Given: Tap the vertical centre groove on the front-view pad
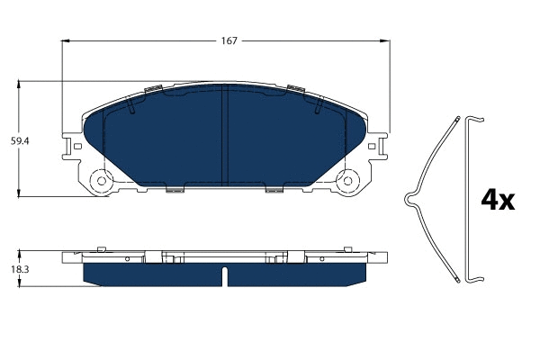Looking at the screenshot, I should point(225,135).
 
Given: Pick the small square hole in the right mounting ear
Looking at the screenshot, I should point(373,145).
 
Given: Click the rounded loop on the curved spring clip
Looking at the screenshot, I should point(410,198).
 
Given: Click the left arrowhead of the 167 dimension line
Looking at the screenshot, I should point(65,40).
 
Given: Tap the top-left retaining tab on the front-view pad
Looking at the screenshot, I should point(152,88).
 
